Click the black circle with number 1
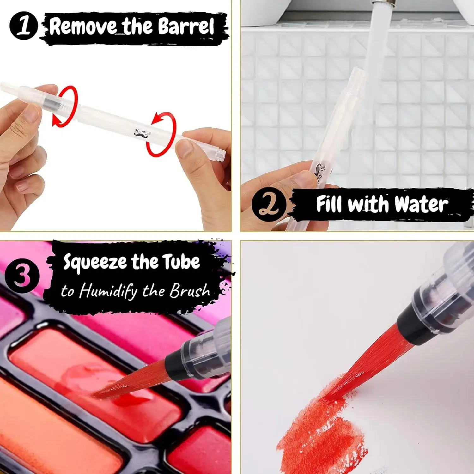click(x=24, y=26)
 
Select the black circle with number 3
click(x=22, y=276)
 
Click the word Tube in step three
click(x=181, y=262)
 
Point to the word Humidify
click(x=108, y=291)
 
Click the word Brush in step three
click(x=190, y=290)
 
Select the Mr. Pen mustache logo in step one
click(x=141, y=133)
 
